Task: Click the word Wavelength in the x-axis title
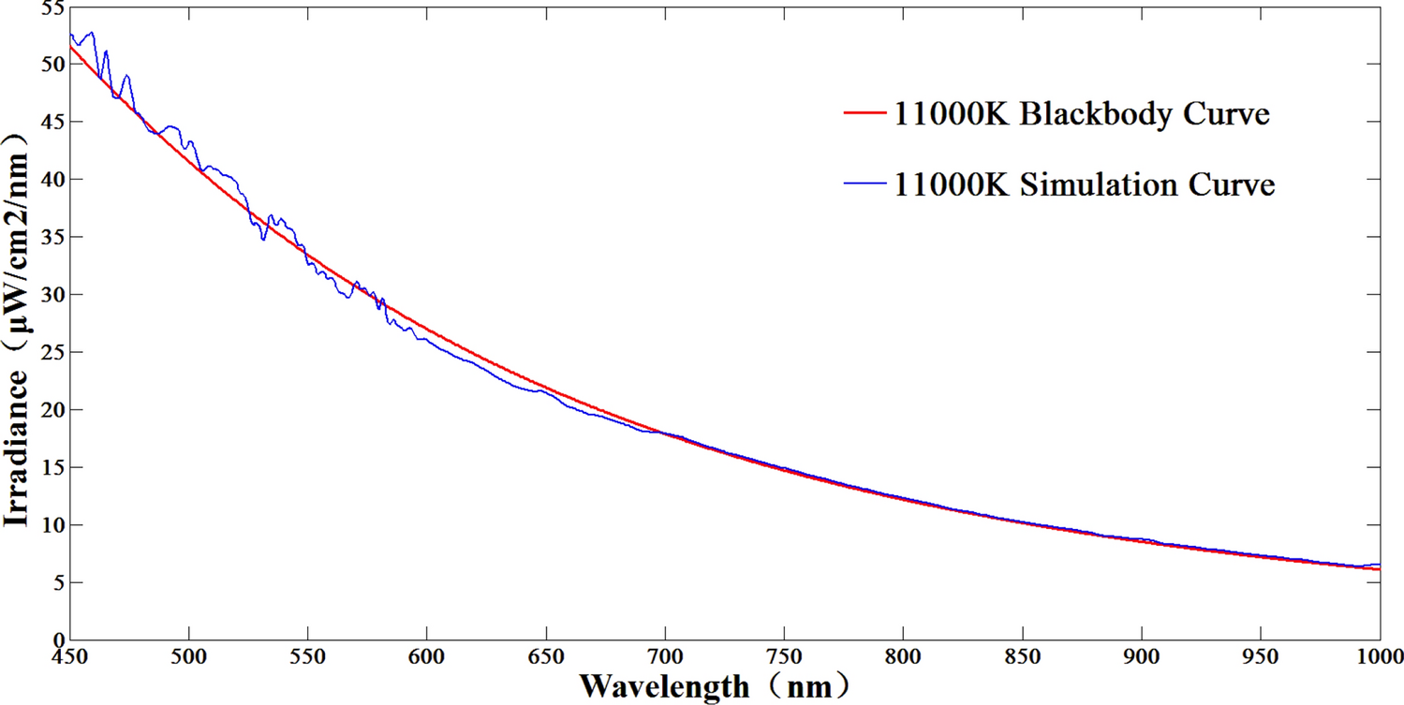(664, 686)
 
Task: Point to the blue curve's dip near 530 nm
(263, 239)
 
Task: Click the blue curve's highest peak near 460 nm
(91, 33)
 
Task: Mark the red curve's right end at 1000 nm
(1379, 569)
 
